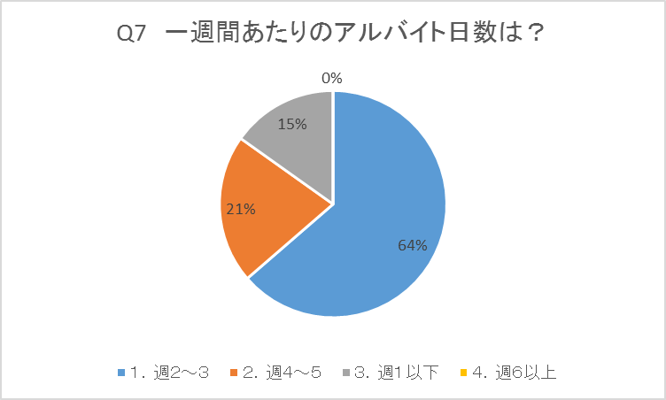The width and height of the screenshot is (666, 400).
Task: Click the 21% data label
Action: pos(241,210)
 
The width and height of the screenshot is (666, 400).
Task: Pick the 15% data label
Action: pos(292,125)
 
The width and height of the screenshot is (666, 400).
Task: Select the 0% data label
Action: pos(332,79)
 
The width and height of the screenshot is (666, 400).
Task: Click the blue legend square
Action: pos(121,373)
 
